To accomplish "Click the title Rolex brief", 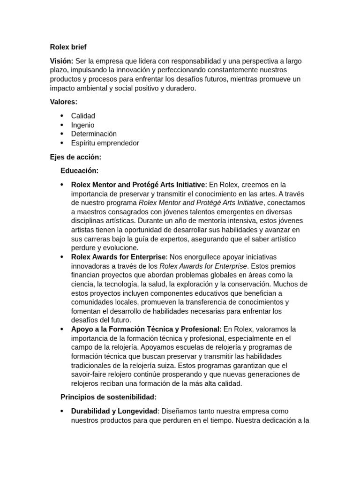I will click(x=68, y=47).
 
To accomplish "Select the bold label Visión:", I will click(x=61, y=61).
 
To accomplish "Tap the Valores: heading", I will click(x=64, y=102).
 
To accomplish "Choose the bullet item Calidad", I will click(x=83, y=116).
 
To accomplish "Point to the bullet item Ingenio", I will click(x=82, y=125).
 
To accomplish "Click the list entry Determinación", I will click(x=94, y=134).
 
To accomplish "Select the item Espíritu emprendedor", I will click(x=105, y=143).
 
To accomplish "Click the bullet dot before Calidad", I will click(x=62, y=116).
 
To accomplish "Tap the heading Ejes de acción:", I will click(x=75, y=157).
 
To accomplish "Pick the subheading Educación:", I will click(x=79, y=171).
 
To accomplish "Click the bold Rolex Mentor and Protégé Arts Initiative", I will click(x=138, y=185).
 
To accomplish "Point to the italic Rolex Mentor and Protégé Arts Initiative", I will click(x=201, y=202).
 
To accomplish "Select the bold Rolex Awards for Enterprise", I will click(x=119, y=257).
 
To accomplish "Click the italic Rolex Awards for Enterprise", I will click(x=203, y=266).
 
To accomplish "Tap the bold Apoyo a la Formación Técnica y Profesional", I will click(x=145, y=329).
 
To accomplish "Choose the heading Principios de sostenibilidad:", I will click(x=108, y=397).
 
